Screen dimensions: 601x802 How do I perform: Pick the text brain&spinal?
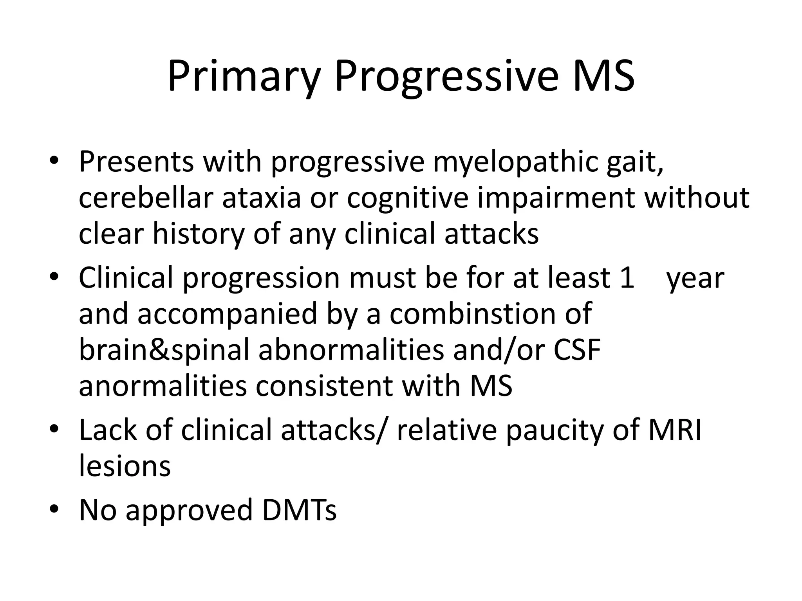point(164,350)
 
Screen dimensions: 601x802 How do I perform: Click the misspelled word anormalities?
point(163,387)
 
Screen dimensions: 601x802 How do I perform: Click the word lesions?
point(125,466)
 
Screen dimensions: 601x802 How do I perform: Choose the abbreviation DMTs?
point(299,510)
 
